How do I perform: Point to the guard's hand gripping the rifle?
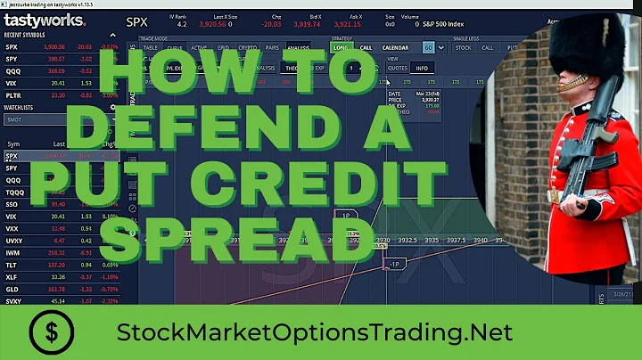pyautogui.click(x=554, y=198)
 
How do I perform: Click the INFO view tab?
pyautogui.click(x=421, y=68)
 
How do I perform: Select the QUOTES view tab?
pyautogui.click(x=398, y=68)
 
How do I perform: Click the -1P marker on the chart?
pyautogui.click(x=393, y=265)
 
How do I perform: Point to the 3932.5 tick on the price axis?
pyautogui.click(x=408, y=240)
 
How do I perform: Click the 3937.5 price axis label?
pyautogui.click(x=456, y=240)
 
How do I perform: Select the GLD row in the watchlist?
pyautogui.click(x=12, y=315)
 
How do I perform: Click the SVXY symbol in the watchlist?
pyautogui.click(x=13, y=326)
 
